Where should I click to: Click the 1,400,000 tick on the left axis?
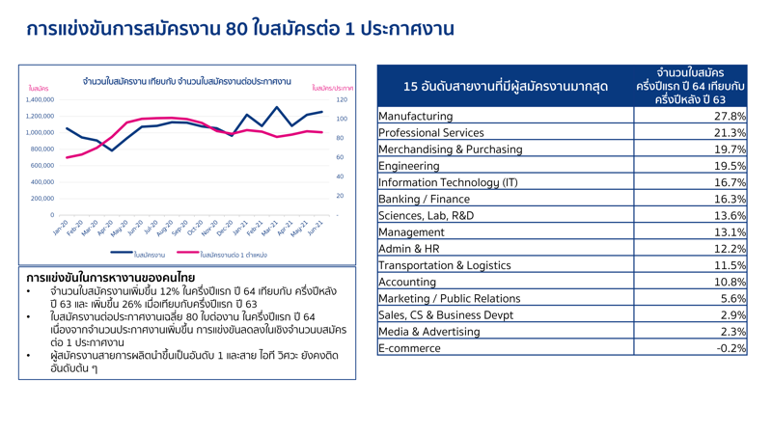[40, 99]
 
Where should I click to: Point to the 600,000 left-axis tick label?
[41, 166]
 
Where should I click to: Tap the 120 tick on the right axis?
[342, 99]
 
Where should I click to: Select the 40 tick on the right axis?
[340, 176]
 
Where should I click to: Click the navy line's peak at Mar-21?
[277, 107]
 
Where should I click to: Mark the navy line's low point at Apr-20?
[112, 150]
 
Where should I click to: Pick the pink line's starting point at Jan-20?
[67, 157]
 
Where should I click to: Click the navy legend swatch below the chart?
[122, 254]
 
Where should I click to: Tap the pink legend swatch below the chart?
[188, 254]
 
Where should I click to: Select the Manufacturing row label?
[415, 117]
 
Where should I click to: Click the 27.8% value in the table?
[730, 117]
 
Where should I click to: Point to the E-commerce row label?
[410, 348]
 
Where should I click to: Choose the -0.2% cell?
[731, 348]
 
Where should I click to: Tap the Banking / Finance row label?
[424, 199]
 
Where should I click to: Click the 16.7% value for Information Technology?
[730, 182]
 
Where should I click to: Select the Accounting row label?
[407, 282]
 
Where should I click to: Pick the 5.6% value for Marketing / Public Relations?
[732, 298]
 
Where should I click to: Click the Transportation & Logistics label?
[444, 265]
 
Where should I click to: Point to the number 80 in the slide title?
[236, 28]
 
